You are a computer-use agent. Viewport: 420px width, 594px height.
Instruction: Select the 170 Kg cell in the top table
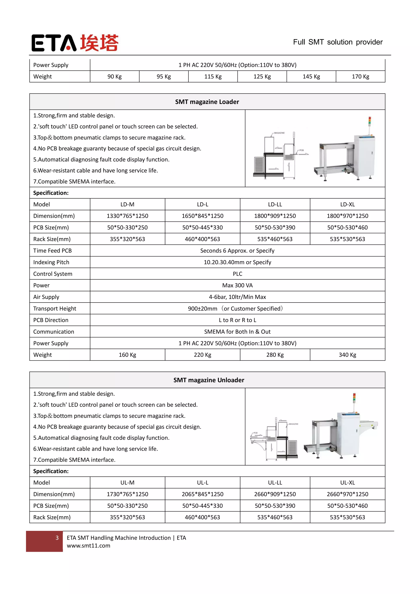pos(360,77)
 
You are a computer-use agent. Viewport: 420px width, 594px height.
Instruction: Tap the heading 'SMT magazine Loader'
pos(207,102)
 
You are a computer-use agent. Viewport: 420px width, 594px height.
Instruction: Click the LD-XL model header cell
pos(347,204)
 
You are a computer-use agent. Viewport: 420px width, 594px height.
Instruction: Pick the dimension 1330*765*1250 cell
pos(127,216)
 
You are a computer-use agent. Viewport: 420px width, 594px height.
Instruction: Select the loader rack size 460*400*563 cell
pos(202,239)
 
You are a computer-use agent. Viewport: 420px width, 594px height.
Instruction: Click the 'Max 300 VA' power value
pos(237,285)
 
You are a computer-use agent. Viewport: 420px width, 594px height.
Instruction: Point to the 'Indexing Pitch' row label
pos(51,262)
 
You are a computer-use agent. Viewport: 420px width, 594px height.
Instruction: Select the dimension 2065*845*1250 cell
pos(202,494)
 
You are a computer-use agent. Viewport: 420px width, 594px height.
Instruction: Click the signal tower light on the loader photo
pos(370,122)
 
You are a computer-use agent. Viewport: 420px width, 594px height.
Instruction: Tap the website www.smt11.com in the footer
pos(88,546)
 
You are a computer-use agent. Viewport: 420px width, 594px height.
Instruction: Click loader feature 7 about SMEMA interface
pos(74,181)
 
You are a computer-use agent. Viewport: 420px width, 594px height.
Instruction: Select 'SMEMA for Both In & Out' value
pos(237,332)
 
